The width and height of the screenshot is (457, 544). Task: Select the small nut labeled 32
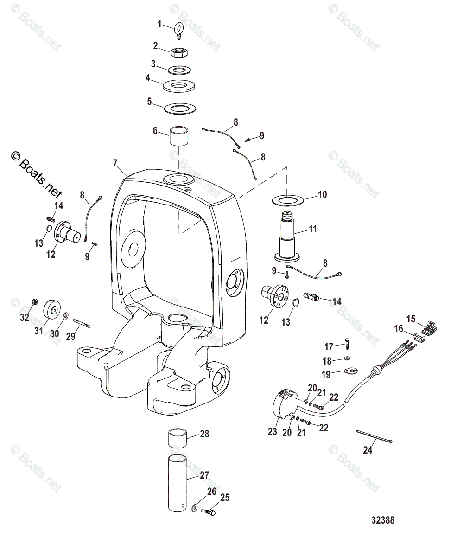(x=33, y=302)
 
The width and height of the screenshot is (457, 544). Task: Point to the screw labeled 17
(x=349, y=345)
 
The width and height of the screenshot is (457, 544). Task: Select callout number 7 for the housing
(x=115, y=163)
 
